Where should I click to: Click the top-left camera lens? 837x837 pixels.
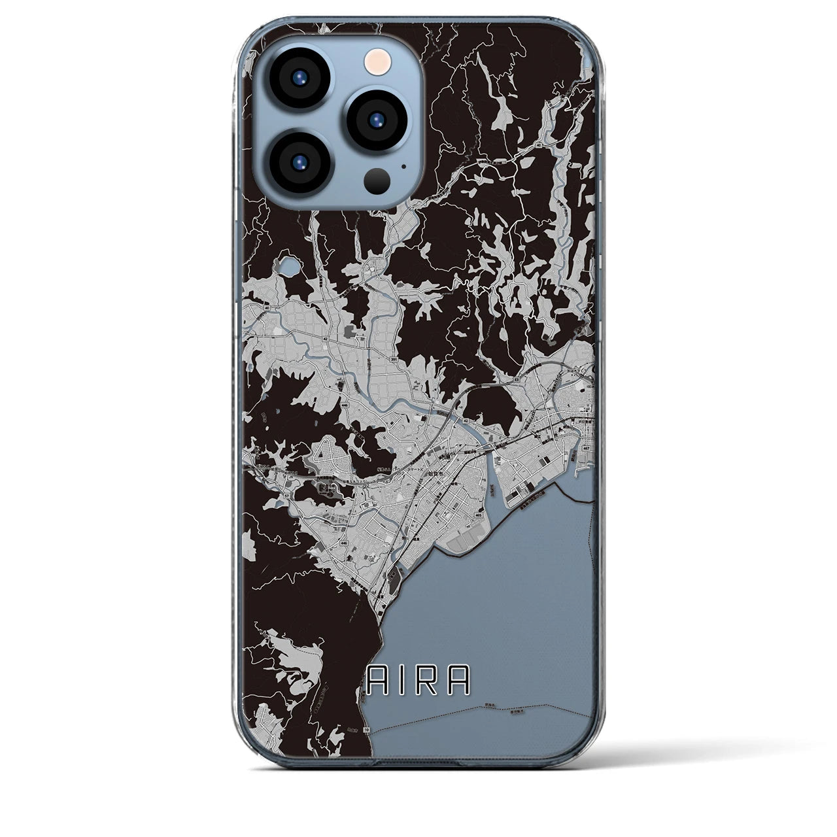pos(296,76)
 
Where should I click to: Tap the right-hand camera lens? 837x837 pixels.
pos(376,119)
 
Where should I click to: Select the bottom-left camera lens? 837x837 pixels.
pos(296,163)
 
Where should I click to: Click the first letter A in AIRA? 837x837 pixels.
pos(377,681)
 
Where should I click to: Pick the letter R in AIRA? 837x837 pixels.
pos(431,681)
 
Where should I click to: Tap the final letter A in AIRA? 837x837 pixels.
pos(460,681)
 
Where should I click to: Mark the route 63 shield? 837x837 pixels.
pos(516,379)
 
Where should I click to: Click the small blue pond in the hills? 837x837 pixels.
pos(287,267)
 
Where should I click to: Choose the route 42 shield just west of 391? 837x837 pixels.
pos(324,339)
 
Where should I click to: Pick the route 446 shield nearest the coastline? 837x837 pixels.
pos(344,543)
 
